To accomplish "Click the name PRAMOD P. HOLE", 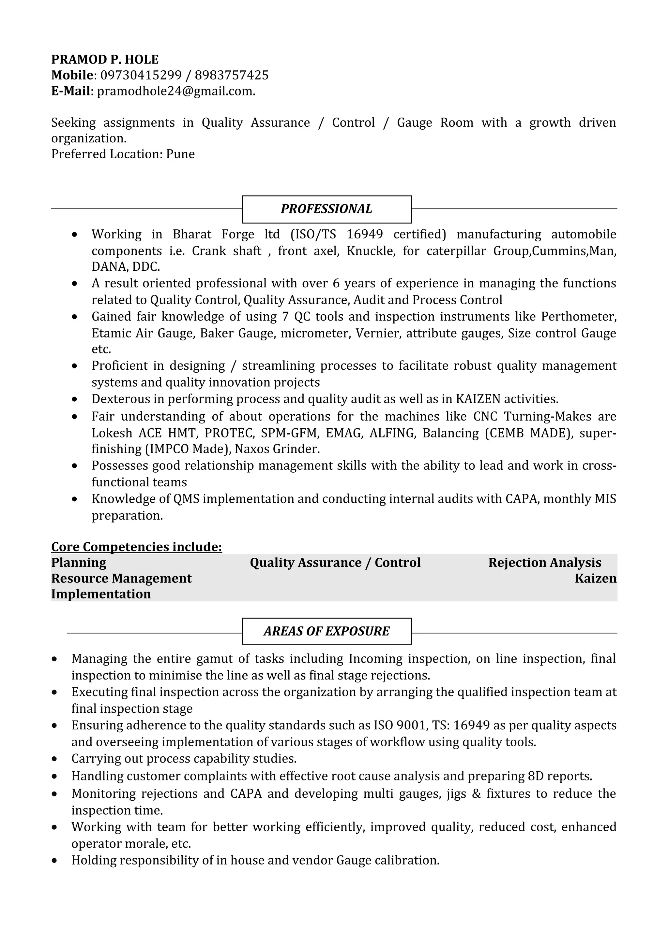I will [105, 60].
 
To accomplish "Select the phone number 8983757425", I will [231, 75].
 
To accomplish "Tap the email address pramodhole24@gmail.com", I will [175, 91].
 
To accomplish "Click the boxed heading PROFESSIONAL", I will [326, 209].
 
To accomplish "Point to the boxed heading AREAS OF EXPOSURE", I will [326, 631].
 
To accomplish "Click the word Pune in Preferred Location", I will [180, 154].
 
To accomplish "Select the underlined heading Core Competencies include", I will [136, 547].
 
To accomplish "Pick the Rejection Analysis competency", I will [544, 563].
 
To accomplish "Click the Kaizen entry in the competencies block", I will [595, 579].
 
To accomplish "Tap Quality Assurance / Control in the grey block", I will [335, 563].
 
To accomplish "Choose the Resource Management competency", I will [121, 579].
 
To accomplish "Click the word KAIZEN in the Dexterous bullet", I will [478, 399].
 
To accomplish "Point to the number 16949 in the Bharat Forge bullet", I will [364, 234].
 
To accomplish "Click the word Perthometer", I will [578, 317].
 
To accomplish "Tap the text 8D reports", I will [559, 776].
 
